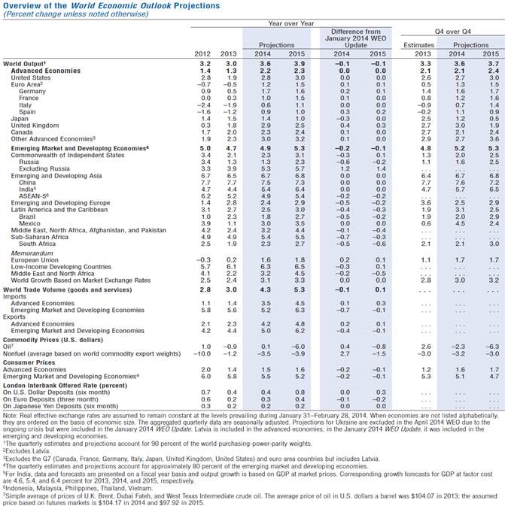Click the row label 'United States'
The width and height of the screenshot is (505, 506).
click(x=27, y=77)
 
